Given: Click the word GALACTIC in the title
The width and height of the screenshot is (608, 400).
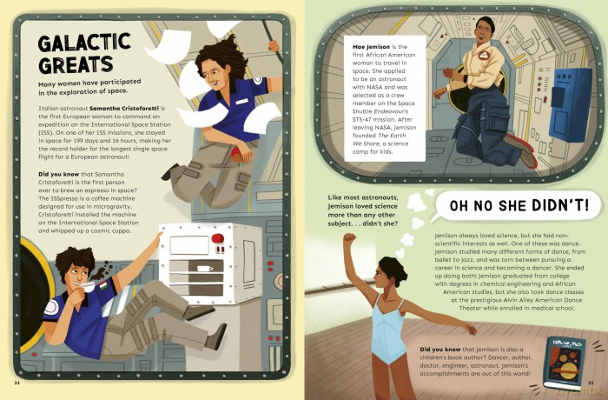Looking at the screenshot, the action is pyautogui.click(x=84, y=43).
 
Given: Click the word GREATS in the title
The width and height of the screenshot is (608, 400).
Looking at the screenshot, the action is pyautogui.click(x=76, y=65).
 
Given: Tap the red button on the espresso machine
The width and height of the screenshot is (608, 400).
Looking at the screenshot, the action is pyautogui.click(x=217, y=238).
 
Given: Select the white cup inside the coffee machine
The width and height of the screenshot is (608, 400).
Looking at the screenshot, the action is pyautogui.click(x=205, y=269).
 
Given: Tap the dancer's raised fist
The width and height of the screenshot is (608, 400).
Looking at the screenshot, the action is pyautogui.click(x=350, y=237).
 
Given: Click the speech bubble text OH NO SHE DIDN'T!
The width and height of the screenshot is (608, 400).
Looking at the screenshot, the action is pyautogui.click(x=519, y=205).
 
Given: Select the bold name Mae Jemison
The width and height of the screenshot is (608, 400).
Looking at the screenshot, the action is pyautogui.click(x=371, y=47).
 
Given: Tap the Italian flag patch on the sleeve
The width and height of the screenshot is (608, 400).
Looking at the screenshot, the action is pyautogui.click(x=103, y=287).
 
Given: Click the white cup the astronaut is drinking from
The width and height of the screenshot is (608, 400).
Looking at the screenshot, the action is pyautogui.click(x=86, y=287).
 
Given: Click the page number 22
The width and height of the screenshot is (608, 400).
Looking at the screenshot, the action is pyautogui.click(x=17, y=383).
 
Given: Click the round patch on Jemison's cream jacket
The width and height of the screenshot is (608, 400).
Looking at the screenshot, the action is pyautogui.click(x=485, y=55).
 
